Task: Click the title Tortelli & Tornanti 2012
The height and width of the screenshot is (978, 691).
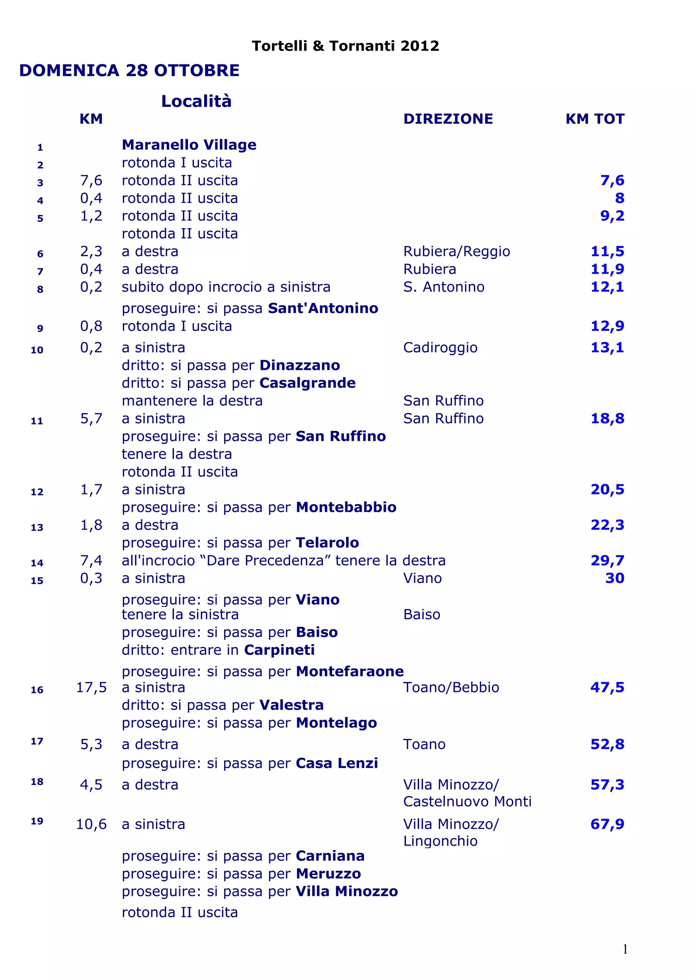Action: (345, 46)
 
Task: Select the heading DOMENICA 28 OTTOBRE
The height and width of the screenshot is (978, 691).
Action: (130, 70)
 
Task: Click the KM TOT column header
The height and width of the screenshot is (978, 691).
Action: (595, 119)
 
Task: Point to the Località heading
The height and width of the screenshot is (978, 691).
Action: (196, 101)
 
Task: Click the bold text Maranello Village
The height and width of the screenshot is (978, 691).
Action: (189, 145)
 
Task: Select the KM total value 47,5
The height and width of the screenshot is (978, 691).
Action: (607, 687)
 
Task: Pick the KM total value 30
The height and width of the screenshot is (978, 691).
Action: (615, 578)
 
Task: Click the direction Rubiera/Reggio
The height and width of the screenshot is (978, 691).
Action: (457, 251)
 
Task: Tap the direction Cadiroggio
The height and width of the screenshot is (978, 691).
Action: (440, 348)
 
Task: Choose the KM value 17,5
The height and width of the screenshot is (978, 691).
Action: (91, 687)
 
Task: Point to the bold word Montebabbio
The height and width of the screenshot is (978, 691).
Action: (346, 507)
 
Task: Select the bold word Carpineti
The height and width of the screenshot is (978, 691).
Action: (279, 650)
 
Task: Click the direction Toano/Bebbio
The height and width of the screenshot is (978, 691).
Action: (451, 687)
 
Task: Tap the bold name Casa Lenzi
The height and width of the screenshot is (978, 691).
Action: (337, 763)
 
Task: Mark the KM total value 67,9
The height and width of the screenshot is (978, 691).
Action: (607, 824)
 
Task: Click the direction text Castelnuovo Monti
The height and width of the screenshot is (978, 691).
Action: (467, 801)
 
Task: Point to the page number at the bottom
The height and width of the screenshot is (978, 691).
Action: (625, 949)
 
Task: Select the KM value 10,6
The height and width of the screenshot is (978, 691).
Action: (91, 824)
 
